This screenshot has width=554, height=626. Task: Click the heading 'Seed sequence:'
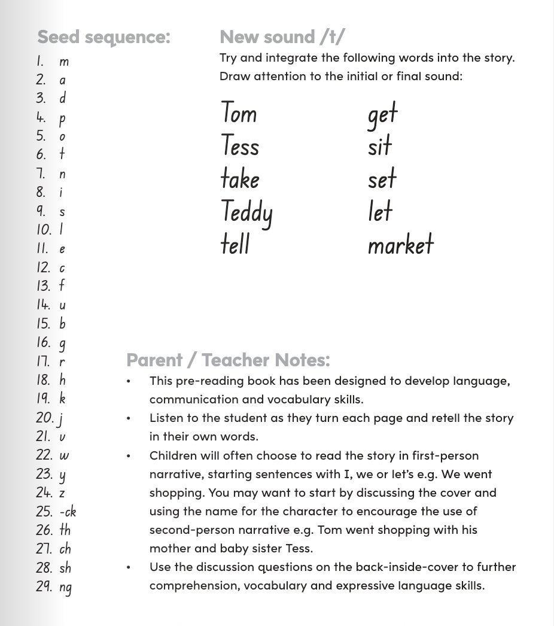click(104, 37)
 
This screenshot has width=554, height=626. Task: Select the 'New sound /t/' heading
click(282, 37)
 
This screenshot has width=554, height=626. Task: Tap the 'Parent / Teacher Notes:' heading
click(228, 360)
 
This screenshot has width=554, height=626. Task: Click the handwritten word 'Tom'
click(239, 113)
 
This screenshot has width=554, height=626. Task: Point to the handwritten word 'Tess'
click(240, 145)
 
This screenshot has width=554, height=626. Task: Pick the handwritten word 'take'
click(240, 178)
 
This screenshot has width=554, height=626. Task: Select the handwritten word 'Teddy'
click(246, 212)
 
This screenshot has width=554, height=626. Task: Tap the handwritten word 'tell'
click(235, 244)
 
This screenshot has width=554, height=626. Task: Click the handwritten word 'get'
click(382, 114)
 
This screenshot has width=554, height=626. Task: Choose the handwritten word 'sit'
click(380, 146)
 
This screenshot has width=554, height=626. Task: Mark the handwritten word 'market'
click(400, 244)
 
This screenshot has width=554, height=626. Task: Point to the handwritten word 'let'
click(380, 211)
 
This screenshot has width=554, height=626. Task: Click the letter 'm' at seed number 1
click(64, 62)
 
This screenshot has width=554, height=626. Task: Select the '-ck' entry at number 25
click(68, 512)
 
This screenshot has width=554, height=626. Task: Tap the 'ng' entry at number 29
click(65, 587)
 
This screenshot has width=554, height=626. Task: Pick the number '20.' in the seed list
click(44, 418)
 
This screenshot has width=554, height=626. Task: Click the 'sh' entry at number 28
click(65, 567)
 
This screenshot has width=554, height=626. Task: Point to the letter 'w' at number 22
click(64, 455)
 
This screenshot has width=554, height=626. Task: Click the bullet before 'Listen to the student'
click(128, 418)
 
